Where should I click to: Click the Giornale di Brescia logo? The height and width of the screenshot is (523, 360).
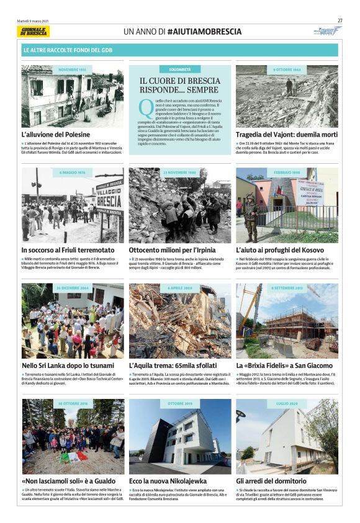pos(35,31)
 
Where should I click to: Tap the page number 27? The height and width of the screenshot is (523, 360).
pos(340,20)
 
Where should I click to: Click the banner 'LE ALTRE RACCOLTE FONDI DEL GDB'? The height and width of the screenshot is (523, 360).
pos(68,49)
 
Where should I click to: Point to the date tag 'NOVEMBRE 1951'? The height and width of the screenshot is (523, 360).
pos(73,70)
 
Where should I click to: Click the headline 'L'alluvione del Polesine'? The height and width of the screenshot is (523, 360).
pos(56,135)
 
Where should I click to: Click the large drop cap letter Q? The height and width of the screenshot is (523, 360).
pos(145,107)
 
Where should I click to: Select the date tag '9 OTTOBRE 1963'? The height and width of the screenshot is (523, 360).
pos(287,70)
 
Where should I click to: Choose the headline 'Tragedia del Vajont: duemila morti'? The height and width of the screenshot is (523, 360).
pos(286,135)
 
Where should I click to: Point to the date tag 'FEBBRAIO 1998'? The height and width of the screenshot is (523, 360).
pos(287,172)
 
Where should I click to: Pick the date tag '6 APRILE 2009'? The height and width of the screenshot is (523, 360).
pos(179,288)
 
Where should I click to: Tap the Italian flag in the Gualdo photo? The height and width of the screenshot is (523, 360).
pos(73,458)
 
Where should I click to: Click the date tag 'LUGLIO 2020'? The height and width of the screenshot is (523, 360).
pos(287,404)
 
